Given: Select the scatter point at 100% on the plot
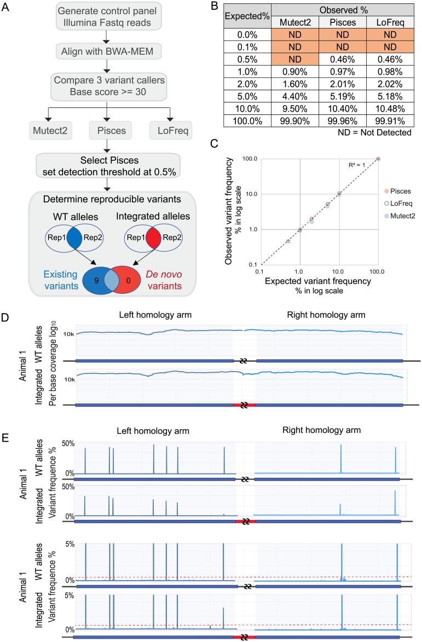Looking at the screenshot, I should click(378, 159).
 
